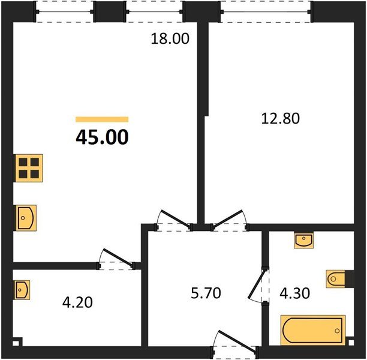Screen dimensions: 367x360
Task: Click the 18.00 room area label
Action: tap(170, 38)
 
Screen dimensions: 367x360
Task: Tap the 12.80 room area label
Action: tap(280, 118)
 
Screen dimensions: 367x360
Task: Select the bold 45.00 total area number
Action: tap(102, 137)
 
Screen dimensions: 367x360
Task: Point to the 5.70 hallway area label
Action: tap(206, 293)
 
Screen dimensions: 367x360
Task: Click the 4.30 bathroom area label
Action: tap(294, 293)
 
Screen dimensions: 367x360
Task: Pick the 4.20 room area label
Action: tap(77, 302)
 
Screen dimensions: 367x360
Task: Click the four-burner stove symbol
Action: tap(29, 168)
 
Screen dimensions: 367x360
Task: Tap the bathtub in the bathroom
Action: tap(313, 330)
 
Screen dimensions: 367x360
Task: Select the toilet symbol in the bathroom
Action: tap(336, 279)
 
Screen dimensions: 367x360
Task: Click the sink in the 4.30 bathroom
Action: tap(303, 241)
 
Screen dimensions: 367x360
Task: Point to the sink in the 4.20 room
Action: tap(22, 290)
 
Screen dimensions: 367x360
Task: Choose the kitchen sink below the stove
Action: tap(26, 218)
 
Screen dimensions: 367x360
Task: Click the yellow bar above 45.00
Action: tap(102, 119)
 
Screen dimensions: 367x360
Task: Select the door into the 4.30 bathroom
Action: tap(257, 285)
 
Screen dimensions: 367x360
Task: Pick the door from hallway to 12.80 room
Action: tap(228, 218)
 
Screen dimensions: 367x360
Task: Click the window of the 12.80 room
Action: tap(266, 11)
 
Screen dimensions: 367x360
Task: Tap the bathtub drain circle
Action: tap(337, 331)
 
